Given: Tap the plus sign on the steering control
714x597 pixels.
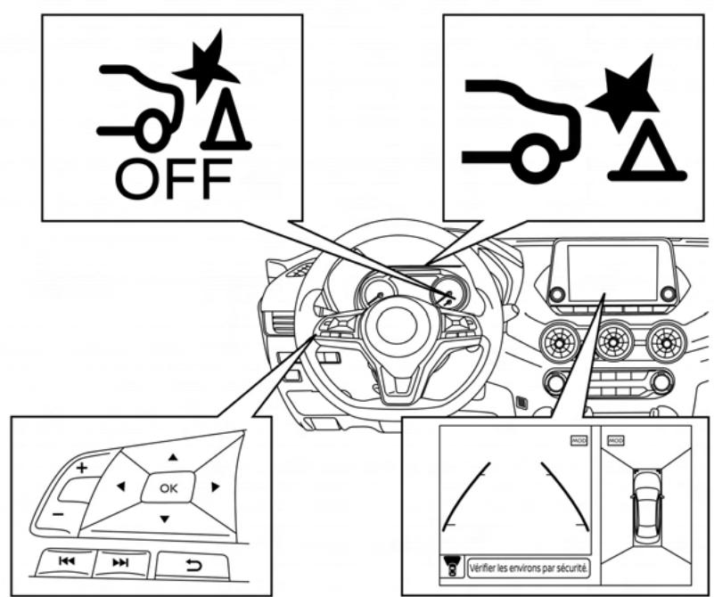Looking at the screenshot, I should tap(82, 467).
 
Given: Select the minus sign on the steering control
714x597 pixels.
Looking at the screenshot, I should tap(58, 515).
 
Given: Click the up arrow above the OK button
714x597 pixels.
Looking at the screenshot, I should tap(173, 455).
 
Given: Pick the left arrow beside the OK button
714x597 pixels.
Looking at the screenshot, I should tap(120, 487).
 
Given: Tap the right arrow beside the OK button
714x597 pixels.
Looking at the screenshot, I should tap(214, 487).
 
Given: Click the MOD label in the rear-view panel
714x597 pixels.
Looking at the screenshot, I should tap(579, 439).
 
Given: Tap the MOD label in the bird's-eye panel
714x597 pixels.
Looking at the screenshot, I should tap(616, 439).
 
